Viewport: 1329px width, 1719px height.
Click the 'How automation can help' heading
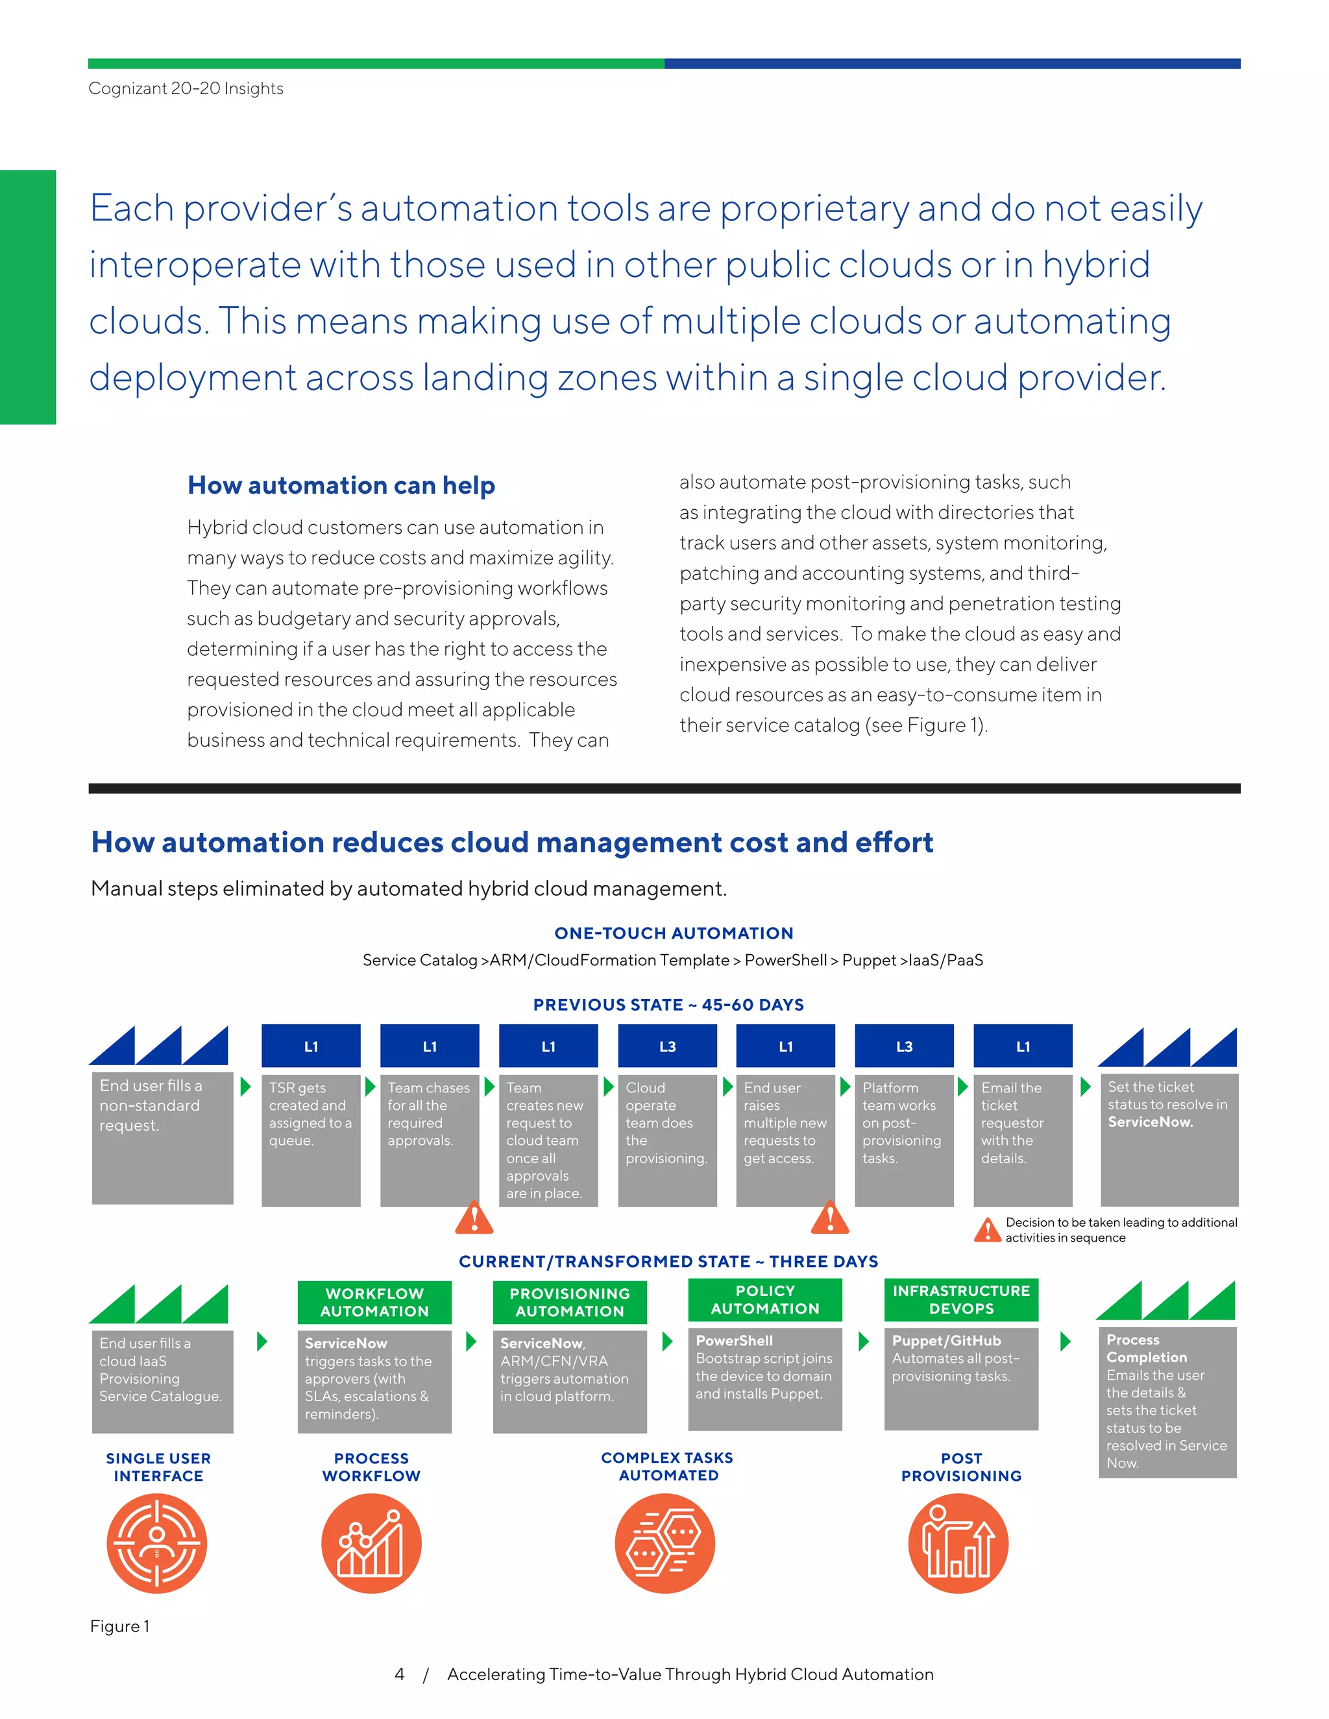coord(341,486)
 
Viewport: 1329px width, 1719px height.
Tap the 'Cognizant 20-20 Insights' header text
coord(186,88)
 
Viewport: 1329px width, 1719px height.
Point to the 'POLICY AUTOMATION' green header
coord(764,1299)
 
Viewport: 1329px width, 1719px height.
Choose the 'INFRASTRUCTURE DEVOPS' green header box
coord(960,1299)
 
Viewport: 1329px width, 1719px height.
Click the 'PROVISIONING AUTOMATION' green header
coord(569,1302)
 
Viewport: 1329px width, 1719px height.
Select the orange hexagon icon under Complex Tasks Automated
coord(664,1543)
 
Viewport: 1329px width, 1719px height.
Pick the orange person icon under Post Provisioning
coord(958,1543)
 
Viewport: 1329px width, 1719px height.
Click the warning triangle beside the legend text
coord(987,1229)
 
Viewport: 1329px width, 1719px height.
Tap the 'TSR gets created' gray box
coord(310,1139)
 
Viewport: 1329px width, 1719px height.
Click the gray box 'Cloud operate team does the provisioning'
coord(667,1139)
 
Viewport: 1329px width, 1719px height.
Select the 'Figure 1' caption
coord(119,1626)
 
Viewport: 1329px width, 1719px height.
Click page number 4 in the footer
coord(399,1674)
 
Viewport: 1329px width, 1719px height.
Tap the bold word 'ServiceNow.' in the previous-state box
coord(1149,1122)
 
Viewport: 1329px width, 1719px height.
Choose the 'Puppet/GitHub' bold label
coord(945,1340)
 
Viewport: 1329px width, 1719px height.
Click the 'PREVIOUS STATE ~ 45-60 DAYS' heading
coord(668,1004)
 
